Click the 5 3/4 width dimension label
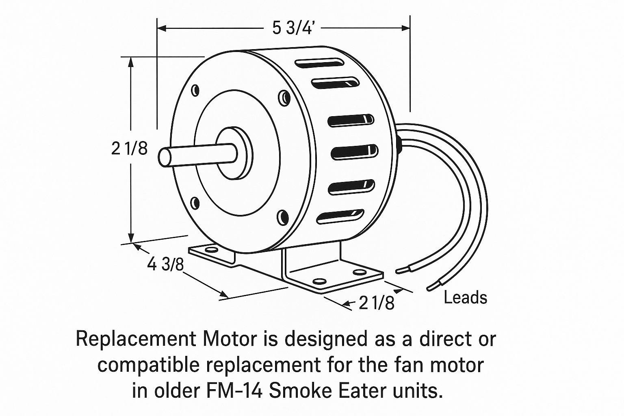point(293,28)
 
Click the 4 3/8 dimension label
point(166,265)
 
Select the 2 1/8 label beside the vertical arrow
point(129,149)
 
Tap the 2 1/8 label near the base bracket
point(376,303)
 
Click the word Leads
point(465,298)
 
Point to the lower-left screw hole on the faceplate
point(195,202)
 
